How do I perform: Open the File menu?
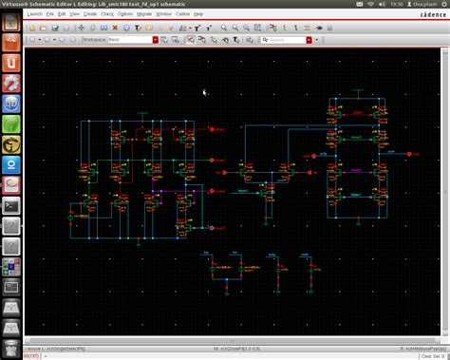[x=49, y=14]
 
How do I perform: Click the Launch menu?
[x=34, y=14]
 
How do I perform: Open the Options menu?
[x=123, y=14]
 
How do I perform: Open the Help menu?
[x=198, y=14]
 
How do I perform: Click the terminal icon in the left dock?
[x=11, y=205]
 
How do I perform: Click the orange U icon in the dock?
[x=11, y=62]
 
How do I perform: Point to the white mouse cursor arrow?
[x=204, y=92]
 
